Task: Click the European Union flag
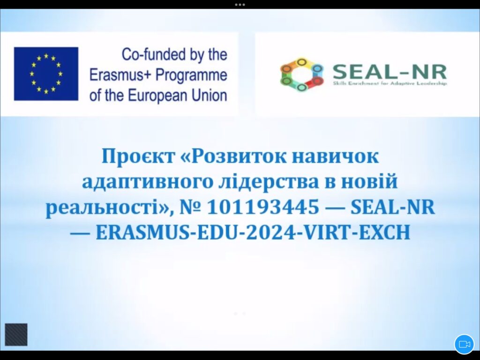click(x=46, y=74)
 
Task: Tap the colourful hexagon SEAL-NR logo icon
click(x=302, y=75)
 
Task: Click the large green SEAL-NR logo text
click(x=390, y=72)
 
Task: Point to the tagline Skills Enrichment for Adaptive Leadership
click(x=390, y=83)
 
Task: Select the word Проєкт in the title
click(x=138, y=157)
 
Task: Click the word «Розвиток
click(x=234, y=157)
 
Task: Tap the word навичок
click(x=335, y=157)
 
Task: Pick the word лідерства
click(x=269, y=181)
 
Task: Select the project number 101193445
click(x=263, y=207)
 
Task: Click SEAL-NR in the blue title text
click(x=392, y=207)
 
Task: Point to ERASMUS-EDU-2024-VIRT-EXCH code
click(x=253, y=233)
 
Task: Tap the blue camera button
click(x=464, y=344)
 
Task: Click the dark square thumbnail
click(x=16, y=335)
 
